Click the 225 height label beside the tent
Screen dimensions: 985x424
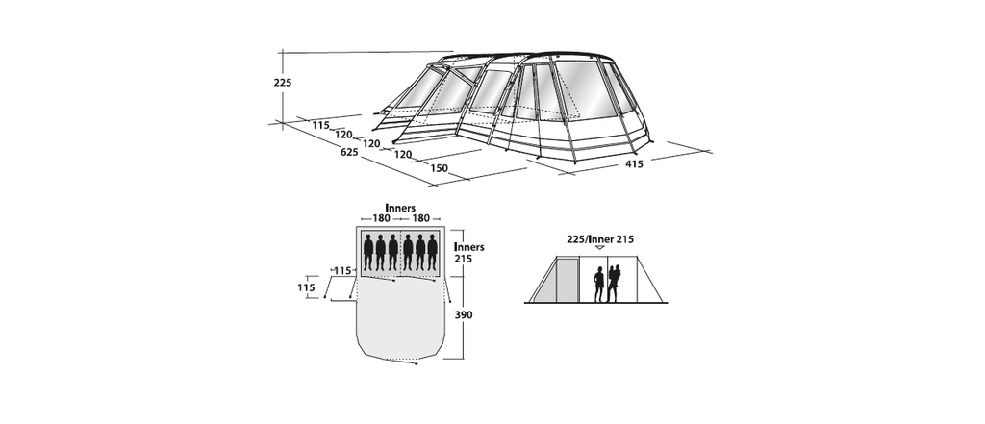point(283,83)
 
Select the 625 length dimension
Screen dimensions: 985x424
point(349,152)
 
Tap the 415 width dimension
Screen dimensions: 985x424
point(635,164)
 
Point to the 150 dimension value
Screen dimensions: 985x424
point(439,168)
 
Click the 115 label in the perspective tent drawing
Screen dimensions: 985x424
point(320,126)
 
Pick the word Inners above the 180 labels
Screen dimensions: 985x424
point(400,208)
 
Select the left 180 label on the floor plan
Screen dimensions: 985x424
point(381,218)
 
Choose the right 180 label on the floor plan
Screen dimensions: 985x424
point(421,218)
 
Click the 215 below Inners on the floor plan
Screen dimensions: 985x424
point(463,259)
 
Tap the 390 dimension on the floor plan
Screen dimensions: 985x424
point(464,314)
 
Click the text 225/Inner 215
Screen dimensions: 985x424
point(600,239)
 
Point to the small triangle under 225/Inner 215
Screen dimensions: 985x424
point(600,247)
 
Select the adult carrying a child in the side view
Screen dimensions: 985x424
point(613,284)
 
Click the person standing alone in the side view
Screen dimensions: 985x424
point(598,285)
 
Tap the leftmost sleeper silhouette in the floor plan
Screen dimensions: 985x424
point(368,253)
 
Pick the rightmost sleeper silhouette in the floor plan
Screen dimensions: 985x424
point(432,253)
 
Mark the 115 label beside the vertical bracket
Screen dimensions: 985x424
point(306,287)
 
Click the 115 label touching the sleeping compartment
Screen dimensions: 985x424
point(342,271)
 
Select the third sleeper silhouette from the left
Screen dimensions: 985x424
point(392,253)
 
